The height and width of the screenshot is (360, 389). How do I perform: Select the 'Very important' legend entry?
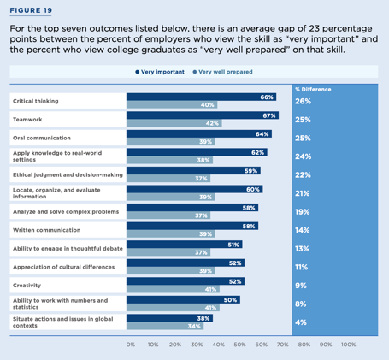point(160,72)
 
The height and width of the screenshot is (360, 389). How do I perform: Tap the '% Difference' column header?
point(312,89)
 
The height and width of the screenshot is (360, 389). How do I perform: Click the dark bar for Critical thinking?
point(201,97)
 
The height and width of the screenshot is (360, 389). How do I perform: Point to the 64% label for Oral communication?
point(262,133)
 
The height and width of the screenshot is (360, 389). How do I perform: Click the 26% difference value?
point(303,101)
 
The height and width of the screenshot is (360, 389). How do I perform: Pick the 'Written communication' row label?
point(42,230)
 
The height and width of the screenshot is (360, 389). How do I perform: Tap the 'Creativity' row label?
point(27,285)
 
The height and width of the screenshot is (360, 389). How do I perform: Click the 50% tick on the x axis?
point(240,345)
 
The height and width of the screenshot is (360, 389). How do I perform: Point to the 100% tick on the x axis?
point(349,345)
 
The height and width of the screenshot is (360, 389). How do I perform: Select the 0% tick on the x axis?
point(130,345)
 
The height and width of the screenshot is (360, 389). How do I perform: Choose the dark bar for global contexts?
point(168,316)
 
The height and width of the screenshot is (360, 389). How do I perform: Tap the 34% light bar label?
point(195,326)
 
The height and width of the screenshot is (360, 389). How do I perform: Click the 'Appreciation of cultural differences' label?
point(62,267)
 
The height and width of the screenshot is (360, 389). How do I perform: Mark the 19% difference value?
point(303,211)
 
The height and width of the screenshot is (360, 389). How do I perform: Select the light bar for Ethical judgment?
point(167,178)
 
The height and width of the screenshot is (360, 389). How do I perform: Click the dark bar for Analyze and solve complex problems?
point(192,207)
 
